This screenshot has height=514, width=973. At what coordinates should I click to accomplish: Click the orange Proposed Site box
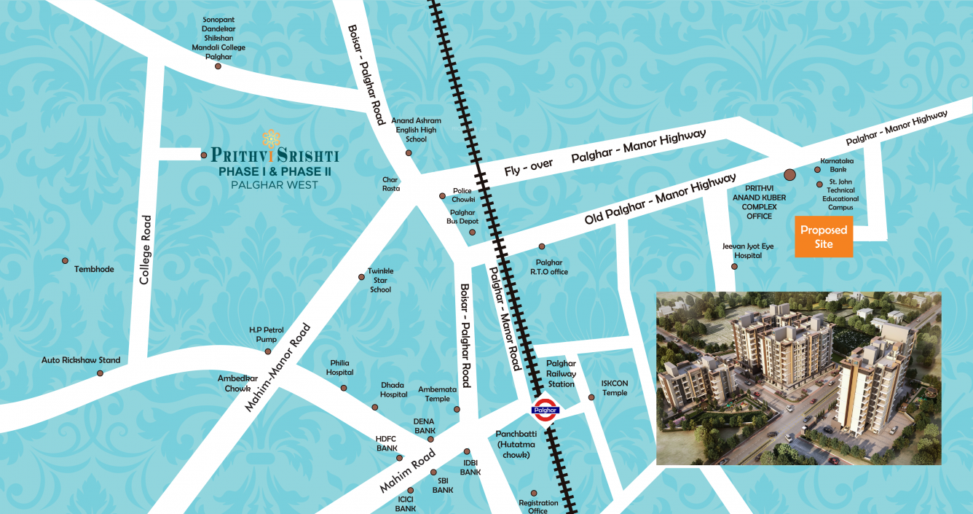(824, 237)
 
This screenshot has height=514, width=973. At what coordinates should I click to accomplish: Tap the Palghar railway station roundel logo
(545, 410)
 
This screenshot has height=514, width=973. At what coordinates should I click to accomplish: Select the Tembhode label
(94, 270)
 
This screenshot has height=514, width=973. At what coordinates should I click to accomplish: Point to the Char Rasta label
(391, 183)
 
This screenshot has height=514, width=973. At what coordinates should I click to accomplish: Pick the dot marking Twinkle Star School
(361, 277)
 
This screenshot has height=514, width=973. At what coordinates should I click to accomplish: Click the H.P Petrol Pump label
(267, 335)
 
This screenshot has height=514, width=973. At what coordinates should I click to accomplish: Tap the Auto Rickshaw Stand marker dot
(100, 373)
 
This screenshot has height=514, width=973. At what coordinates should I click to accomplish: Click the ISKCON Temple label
(615, 388)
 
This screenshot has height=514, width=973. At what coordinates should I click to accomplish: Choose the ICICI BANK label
(406, 504)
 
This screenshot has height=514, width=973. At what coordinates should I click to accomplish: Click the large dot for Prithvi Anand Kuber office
(789, 175)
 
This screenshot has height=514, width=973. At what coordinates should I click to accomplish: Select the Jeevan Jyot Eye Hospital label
(748, 251)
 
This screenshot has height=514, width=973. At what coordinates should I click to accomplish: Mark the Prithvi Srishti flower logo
(271, 137)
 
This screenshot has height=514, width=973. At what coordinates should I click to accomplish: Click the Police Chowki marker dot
(442, 196)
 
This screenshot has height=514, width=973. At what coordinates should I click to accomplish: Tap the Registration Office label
(538, 507)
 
